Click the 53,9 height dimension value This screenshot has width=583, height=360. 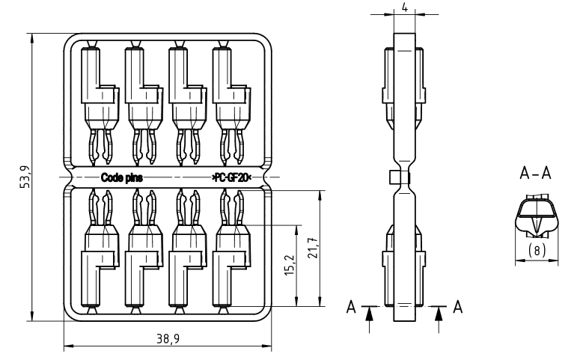coord(25,177)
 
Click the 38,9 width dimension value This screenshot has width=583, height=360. coord(168,339)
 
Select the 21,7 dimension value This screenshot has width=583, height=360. coord(313,248)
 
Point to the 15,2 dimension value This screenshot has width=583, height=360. coord(290,265)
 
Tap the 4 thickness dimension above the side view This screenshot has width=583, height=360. coord(405,7)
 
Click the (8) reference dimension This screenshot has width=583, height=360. coord(537,250)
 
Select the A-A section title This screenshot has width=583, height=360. coord(535,174)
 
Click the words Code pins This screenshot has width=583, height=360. coord(122,177)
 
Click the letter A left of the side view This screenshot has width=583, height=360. coord(351,307)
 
